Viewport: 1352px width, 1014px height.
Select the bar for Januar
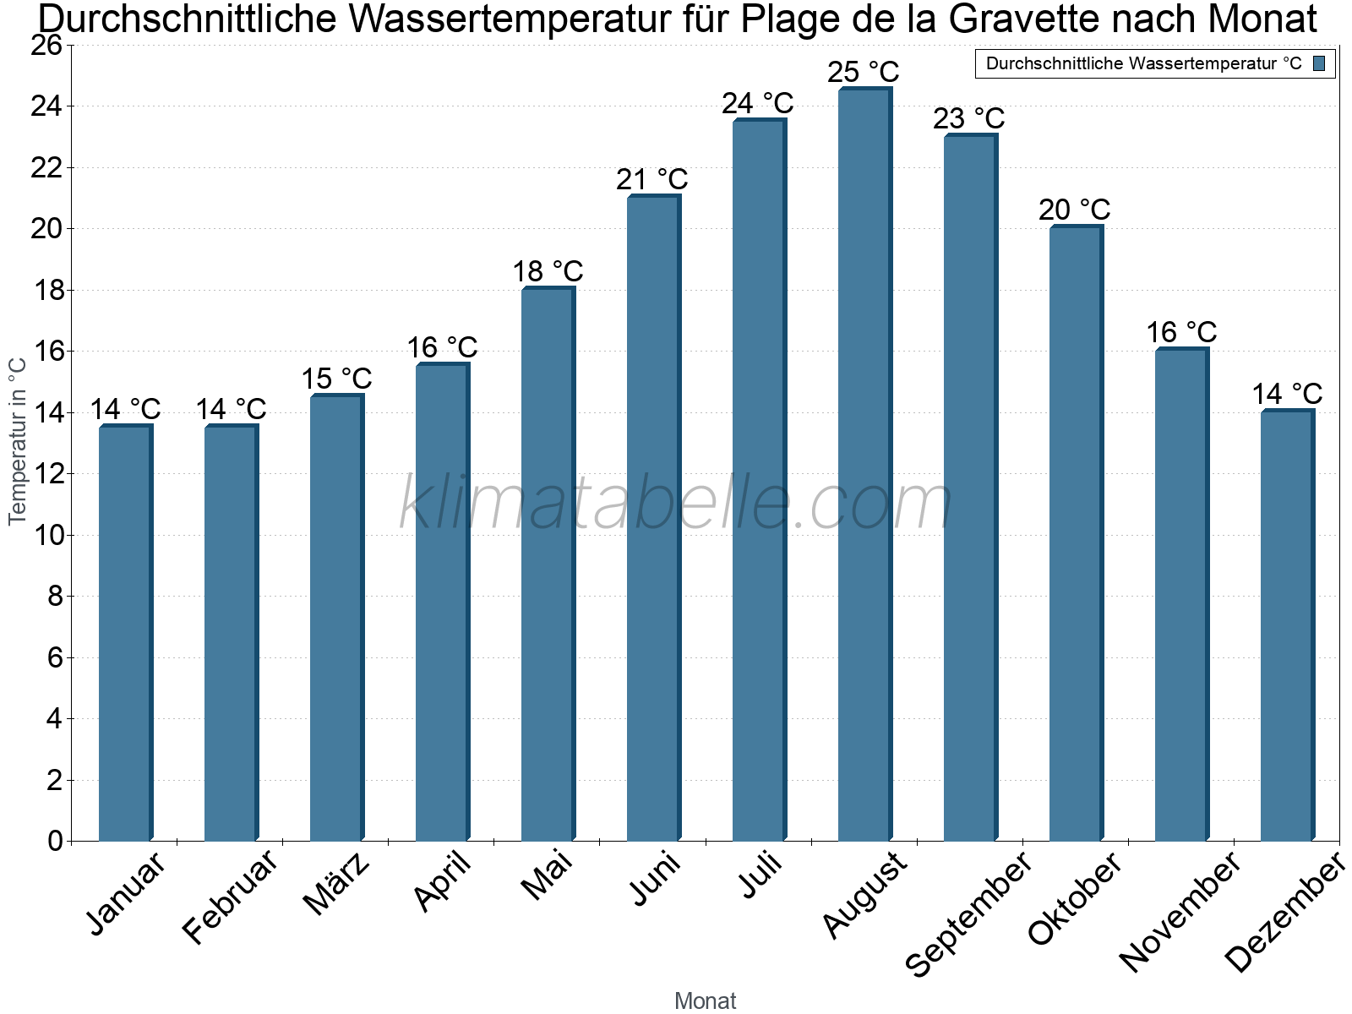pos(125,634)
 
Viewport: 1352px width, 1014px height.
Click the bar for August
pos(864,465)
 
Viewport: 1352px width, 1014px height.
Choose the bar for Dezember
pos(1287,625)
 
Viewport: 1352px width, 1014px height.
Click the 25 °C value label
pos(863,72)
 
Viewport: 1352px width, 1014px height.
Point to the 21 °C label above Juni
pos(651,179)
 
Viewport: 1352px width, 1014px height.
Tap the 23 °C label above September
pos(968,118)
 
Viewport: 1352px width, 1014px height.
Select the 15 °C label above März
pos(336,379)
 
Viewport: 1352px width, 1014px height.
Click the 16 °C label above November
pos(1181,332)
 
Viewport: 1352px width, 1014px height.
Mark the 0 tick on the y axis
pos(55,841)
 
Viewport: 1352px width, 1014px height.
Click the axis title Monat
pos(706,1000)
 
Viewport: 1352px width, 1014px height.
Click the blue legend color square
pos(1320,63)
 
